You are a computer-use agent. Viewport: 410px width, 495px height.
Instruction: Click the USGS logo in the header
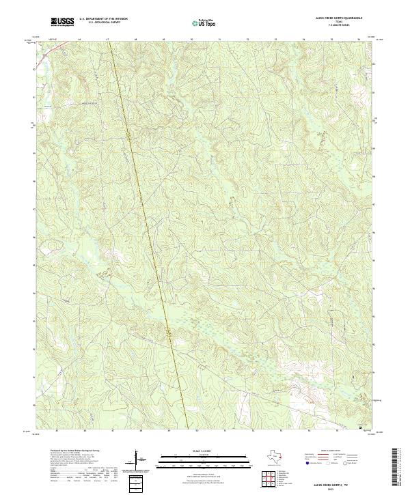coord(63,23)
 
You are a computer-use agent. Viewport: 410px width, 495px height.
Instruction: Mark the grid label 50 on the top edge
coord(192,40)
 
